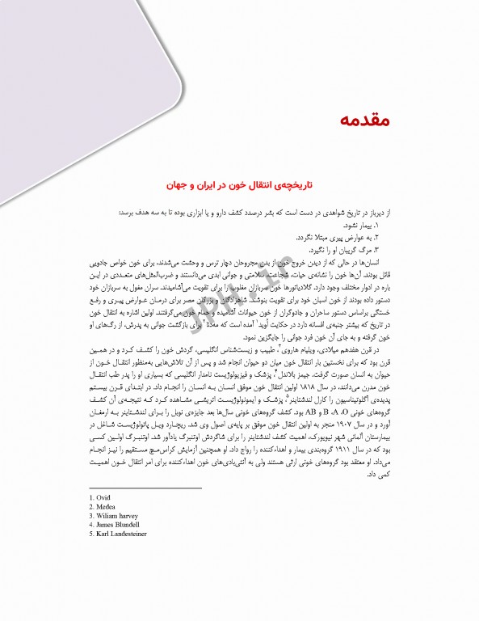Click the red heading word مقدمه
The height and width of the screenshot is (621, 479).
[356, 120]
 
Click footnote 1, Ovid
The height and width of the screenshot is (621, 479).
[100, 496]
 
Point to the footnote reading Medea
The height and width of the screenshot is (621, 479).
[103, 505]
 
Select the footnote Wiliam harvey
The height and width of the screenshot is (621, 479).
[113, 515]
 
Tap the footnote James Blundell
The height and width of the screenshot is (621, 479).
[116, 525]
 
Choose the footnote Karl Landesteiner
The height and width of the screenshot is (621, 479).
[120, 534]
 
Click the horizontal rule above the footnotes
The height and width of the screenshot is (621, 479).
[132, 488]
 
